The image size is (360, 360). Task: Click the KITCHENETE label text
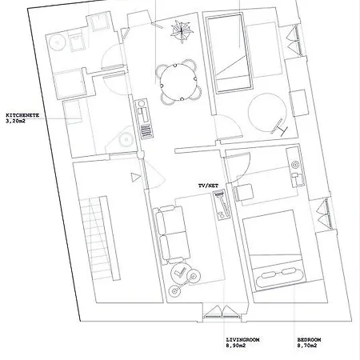tap(22, 115)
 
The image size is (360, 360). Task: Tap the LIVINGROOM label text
tap(242, 340)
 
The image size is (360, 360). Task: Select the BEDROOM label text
tap(309, 340)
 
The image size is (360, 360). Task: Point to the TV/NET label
tap(208, 186)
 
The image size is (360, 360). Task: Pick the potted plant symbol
tap(182, 31)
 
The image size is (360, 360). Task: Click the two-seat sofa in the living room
tap(172, 235)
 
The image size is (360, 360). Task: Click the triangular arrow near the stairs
tap(135, 177)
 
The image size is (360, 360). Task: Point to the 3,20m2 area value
tap(15, 121)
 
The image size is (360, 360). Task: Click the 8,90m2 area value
tap(236, 346)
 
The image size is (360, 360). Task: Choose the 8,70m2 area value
tap(307, 346)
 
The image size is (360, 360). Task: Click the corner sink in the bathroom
tap(125, 139)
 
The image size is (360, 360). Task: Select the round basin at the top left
tap(57, 42)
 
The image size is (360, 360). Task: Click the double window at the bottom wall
tap(222, 312)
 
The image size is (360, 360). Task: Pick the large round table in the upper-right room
tap(267, 113)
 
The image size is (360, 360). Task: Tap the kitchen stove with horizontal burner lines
tap(147, 131)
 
